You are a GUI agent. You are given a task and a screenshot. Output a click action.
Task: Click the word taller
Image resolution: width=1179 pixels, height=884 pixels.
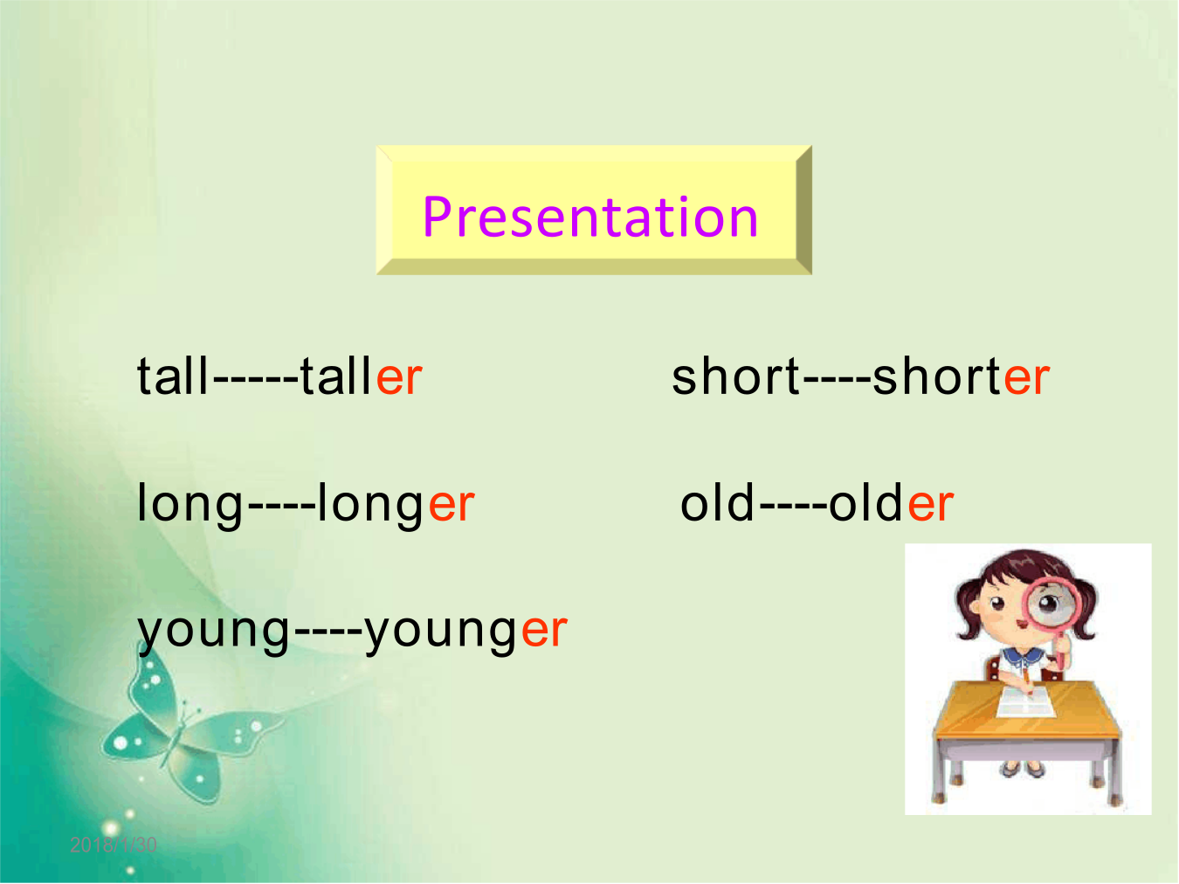(x=362, y=376)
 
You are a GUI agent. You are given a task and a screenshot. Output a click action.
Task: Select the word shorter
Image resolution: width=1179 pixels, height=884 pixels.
(x=961, y=376)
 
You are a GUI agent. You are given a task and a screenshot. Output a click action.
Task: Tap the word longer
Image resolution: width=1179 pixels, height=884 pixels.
(x=396, y=505)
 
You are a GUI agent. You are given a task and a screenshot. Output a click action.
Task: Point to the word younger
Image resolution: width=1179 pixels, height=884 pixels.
(x=465, y=632)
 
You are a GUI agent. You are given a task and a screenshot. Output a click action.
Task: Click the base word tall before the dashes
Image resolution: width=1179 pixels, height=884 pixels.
(x=172, y=376)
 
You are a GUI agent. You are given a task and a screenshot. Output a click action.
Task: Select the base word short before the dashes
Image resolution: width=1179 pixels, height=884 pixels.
(x=736, y=376)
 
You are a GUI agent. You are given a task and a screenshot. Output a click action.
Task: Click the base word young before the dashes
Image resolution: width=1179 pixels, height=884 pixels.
(x=214, y=632)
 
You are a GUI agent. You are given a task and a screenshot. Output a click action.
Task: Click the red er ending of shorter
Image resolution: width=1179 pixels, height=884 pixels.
(x=1026, y=378)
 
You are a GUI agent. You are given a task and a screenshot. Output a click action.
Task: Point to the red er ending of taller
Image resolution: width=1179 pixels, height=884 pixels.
(x=400, y=378)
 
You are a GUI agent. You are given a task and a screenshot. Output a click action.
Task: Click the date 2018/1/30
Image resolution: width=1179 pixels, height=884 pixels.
(x=114, y=845)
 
